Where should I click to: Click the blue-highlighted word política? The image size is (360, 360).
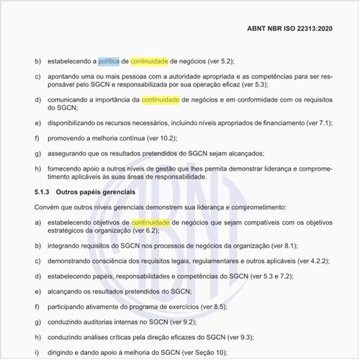click(x=109, y=61)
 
